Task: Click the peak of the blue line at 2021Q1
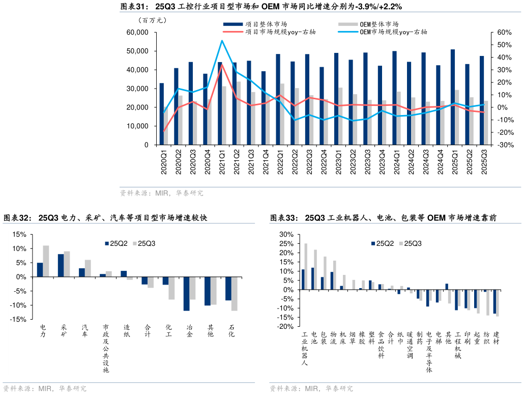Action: pos(222,41)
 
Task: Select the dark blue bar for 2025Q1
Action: pos(453,97)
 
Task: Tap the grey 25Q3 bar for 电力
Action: pos(46,261)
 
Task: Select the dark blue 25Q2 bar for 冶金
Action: pos(187,294)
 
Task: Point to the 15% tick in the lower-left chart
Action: pos(19,235)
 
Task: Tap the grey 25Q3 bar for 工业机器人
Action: pos(306,266)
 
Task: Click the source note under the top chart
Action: pos(161,193)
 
